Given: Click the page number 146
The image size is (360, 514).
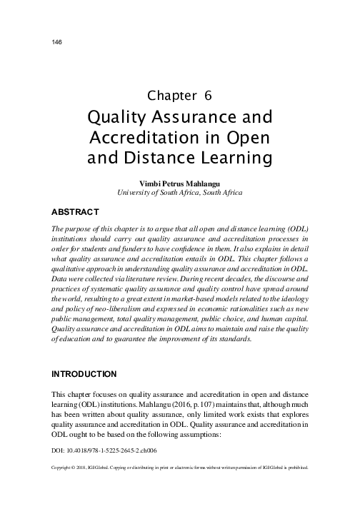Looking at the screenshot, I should (x=57, y=43).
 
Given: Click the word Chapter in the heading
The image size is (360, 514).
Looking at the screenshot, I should (x=171, y=96).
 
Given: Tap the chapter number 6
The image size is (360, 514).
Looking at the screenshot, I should (x=208, y=96).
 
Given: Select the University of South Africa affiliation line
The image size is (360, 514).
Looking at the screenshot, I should (x=180, y=193).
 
